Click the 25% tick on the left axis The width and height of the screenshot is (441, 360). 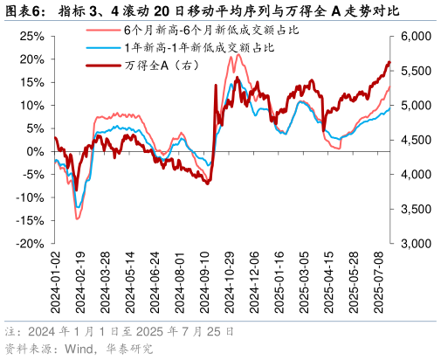point(31,36)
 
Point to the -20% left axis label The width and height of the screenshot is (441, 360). point(30,244)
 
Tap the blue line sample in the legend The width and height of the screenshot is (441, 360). point(100,48)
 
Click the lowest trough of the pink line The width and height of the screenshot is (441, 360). point(77,218)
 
